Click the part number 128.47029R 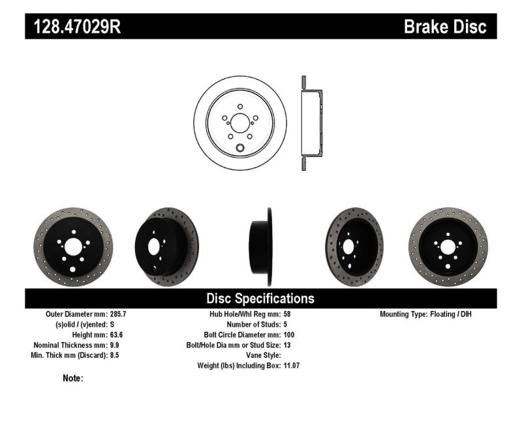(x=73, y=27)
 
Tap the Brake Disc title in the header (x=446, y=27)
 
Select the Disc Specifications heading (x=260, y=299)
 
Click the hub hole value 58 (x=288, y=314)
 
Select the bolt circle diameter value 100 (x=290, y=334)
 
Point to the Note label (x=73, y=377)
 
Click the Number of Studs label (x=253, y=324)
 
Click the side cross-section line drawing (x=310, y=123)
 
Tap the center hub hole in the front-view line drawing (x=239, y=123)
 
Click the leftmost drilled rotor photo (x=72, y=246)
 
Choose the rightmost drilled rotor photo (x=448, y=246)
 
